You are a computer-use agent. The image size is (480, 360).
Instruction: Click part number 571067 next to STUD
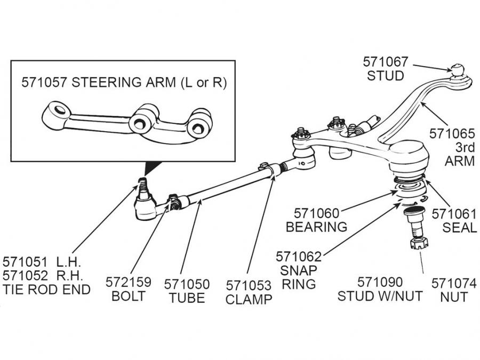point(386,61)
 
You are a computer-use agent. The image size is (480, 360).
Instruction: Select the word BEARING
point(316,227)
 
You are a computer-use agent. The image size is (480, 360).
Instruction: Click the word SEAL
point(459,228)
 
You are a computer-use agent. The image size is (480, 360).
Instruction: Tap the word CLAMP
point(249,299)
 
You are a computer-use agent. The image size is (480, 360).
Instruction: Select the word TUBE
point(187,298)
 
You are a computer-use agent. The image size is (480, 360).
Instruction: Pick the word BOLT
point(129,296)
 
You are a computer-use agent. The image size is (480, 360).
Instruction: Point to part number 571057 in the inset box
point(44,83)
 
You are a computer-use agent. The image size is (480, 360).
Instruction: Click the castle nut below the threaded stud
point(417,245)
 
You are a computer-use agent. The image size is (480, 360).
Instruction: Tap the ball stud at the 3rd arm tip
point(458,70)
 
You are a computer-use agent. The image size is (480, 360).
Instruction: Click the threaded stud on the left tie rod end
point(142,187)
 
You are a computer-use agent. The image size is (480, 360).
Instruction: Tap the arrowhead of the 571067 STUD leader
point(447,69)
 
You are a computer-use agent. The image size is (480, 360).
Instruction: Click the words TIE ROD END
point(47,290)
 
